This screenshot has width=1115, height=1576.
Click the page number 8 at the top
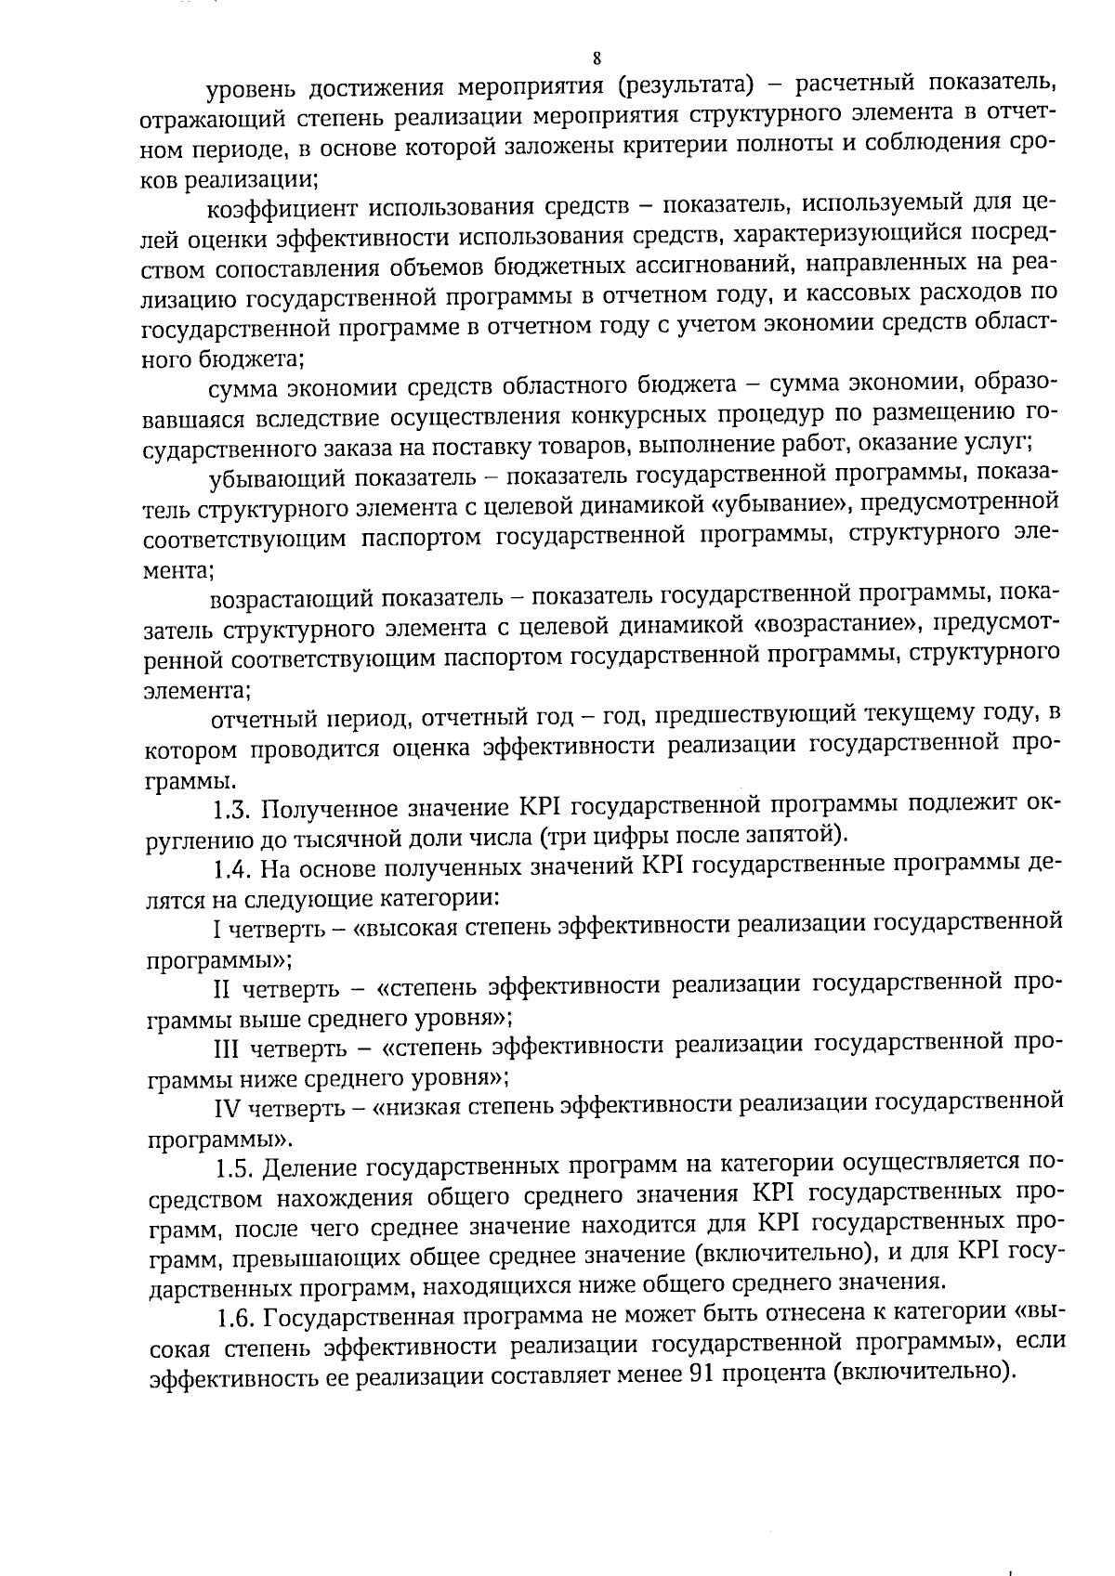point(597,59)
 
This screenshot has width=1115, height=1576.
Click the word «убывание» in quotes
point(778,507)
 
